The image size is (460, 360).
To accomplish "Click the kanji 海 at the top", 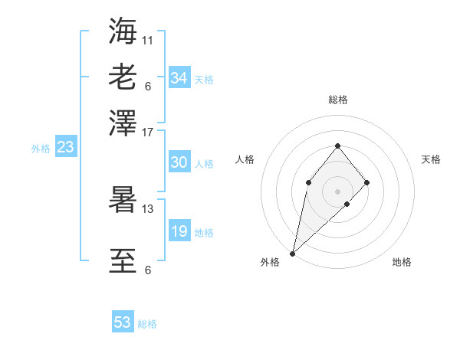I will tap(123, 31).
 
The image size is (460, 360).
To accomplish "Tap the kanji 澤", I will tap(123, 122).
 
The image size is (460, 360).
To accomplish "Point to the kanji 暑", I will tap(123, 200).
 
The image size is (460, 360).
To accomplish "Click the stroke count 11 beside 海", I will tap(148, 39).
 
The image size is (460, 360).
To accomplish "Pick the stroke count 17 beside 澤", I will tap(148, 132).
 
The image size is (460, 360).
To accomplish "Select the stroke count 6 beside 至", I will tap(148, 270).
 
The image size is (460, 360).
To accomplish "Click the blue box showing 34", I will tap(179, 78).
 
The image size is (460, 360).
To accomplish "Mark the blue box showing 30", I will tap(179, 162).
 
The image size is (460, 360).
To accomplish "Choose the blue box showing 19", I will tap(179, 231).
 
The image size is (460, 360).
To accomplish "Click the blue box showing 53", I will tap(123, 322).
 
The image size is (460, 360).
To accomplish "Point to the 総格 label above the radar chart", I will tap(337, 100).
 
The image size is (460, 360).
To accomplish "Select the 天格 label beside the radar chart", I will tap(431, 159).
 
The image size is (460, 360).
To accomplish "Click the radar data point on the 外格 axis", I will tap(293, 253).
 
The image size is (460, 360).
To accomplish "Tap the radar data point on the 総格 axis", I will tap(337, 146).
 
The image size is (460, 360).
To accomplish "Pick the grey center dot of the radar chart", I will tap(337, 191).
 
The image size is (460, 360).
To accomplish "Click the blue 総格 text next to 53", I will tap(147, 324).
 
